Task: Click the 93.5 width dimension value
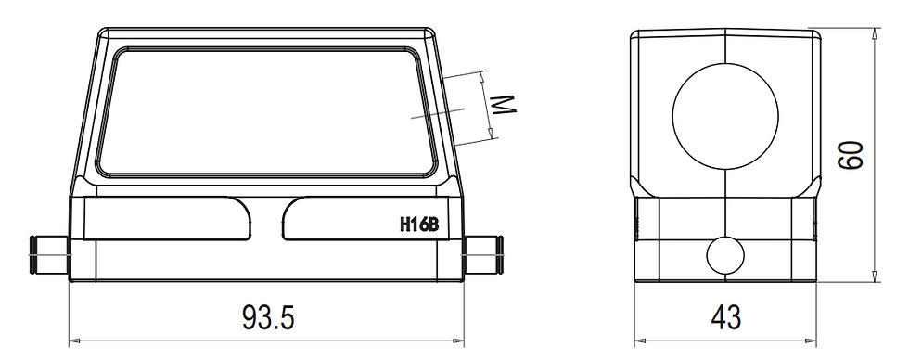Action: (268, 318)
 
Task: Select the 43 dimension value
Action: (726, 318)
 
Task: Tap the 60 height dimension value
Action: (851, 155)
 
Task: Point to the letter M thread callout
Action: (502, 105)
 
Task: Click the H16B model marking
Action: (418, 224)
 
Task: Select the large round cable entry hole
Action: (725, 114)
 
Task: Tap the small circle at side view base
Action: (725, 253)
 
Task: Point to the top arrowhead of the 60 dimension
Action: (877, 33)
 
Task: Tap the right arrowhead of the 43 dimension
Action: (816, 340)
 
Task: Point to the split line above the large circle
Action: (726, 47)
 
